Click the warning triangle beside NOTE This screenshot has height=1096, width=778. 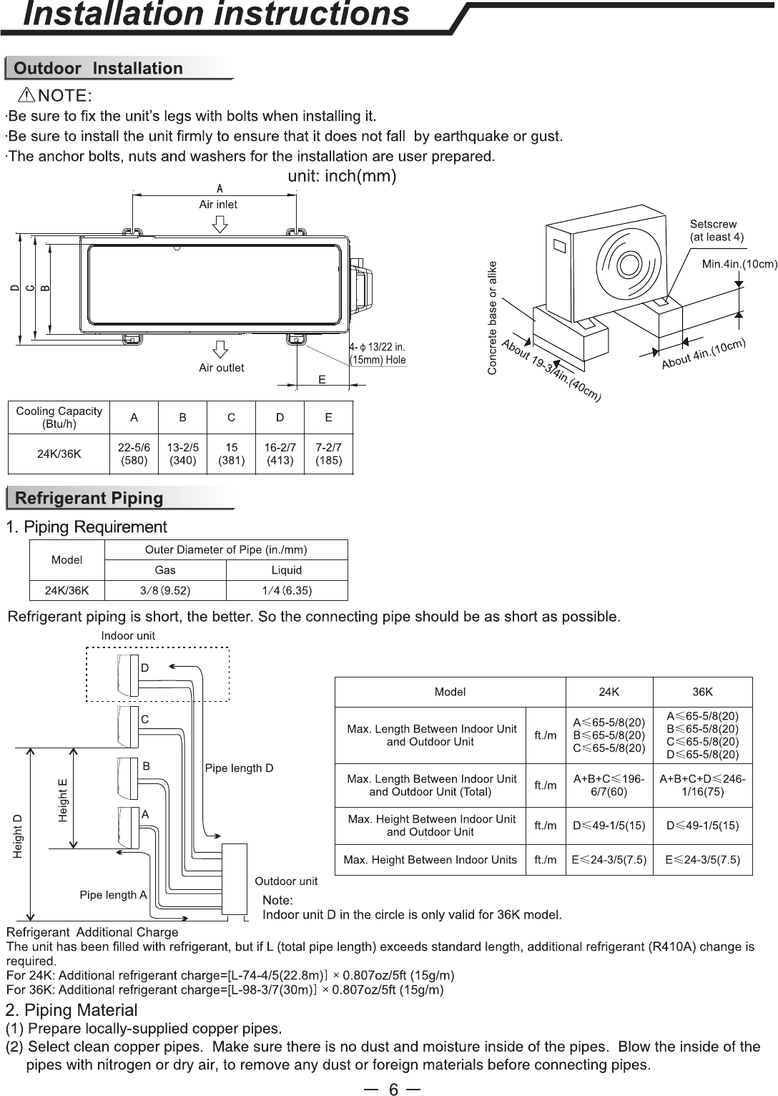click(26, 95)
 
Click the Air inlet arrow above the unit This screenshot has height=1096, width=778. click(220, 225)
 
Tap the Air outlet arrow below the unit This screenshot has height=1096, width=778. click(220, 349)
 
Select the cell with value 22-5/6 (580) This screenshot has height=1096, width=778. click(134, 454)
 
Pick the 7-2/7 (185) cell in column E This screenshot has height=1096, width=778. click(329, 454)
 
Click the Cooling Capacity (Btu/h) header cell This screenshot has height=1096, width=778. click(59, 417)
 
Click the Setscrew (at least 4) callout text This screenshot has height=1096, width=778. click(717, 230)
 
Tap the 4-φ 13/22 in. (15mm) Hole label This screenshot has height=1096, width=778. click(378, 353)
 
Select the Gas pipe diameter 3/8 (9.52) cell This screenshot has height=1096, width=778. click(165, 591)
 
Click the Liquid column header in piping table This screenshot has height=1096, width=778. click(287, 570)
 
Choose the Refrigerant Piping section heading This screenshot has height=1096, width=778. click(89, 498)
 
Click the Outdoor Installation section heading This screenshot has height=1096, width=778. click(98, 68)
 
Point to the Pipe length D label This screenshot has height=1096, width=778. click(239, 768)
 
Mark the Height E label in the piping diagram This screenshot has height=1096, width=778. click(63, 800)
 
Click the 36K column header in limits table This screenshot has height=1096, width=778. click(702, 692)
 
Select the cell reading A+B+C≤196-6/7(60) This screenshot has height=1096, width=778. click(609, 786)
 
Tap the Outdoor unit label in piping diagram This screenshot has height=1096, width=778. click(286, 881)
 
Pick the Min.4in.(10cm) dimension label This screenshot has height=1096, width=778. click(739, 264)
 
